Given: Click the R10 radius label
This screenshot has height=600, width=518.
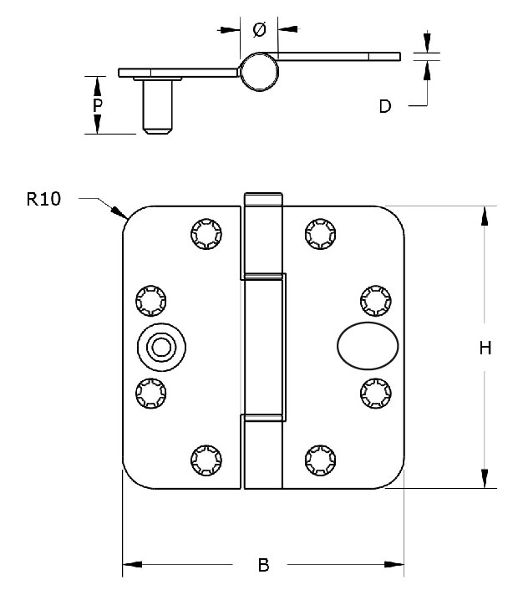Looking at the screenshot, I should point(43,199).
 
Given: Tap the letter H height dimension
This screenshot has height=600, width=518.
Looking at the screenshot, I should point(484,348).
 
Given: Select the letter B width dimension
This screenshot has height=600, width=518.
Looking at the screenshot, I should point(263,566).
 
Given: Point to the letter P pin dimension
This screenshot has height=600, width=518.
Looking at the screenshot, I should point(98,105).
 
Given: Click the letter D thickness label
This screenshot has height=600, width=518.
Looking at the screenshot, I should point(385,106).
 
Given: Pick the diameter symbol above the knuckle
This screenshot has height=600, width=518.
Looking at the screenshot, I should point(258,29).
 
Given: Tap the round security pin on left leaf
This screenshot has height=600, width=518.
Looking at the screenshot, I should point(160,347).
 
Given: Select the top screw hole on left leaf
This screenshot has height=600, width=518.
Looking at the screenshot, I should point(205,233).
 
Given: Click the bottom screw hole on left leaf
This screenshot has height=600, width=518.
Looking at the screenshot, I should point(205,459).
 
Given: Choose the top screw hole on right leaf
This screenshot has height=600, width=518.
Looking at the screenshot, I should point(320,233).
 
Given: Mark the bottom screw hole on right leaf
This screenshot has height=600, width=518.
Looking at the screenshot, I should point(320,459).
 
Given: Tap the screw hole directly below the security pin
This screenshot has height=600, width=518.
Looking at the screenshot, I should point(151,392).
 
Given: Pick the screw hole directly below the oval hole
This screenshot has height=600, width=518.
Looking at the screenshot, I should point(375,392).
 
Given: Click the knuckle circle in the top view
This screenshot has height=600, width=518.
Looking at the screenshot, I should point(259,72).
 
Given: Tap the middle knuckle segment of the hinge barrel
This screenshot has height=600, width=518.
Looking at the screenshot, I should point(264,346).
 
